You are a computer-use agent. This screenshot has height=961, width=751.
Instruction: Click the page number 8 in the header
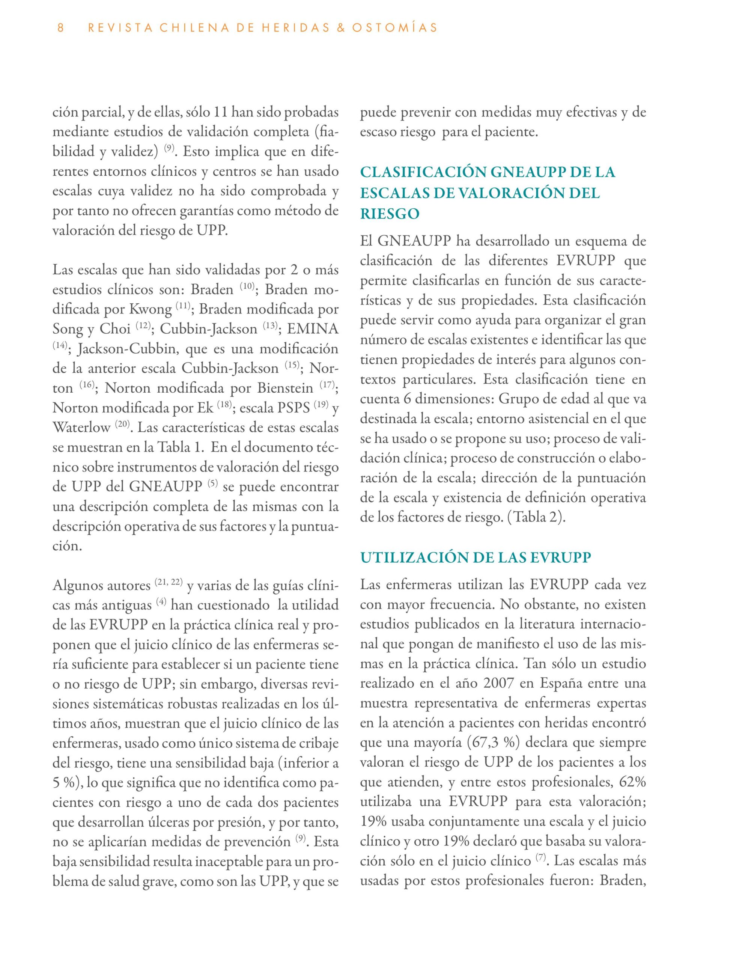click(x=61, y=28)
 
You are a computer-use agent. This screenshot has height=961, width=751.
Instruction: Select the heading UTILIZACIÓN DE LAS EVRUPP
click(x=476, y=557)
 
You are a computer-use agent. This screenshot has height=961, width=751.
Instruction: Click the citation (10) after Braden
click(x=247, y=286)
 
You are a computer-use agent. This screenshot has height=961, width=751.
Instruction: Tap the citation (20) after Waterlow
click(x=122, y=424)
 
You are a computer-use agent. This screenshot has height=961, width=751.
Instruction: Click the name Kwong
click(x=150, y=309)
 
